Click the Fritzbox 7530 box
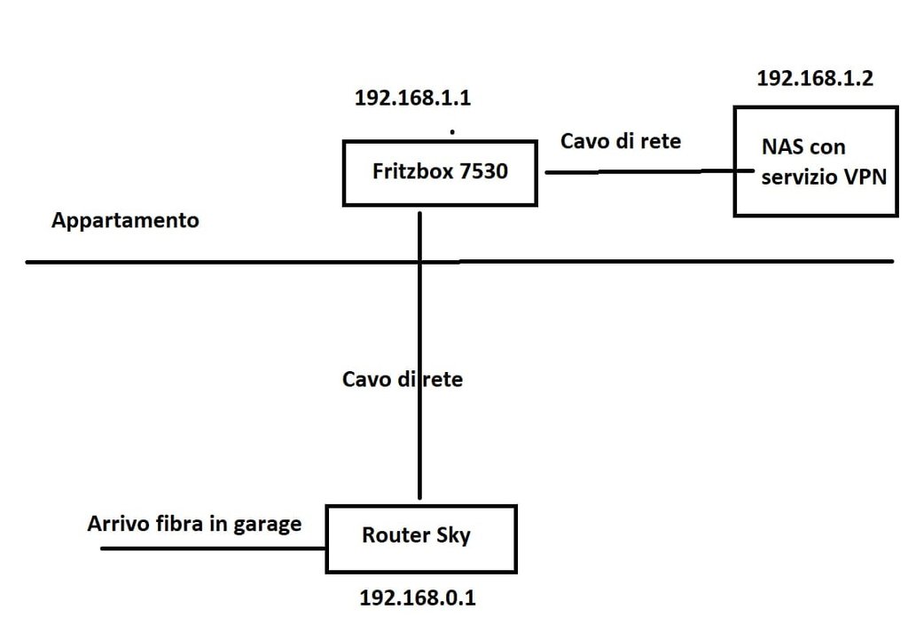point(440,172)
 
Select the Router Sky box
point(421,538)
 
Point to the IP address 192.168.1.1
point(412,98)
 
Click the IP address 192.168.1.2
point(815,78)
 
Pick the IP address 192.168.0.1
point(418,597)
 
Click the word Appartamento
point(125,221)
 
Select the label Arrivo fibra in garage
point(194,524)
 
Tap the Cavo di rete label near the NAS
point(621,140)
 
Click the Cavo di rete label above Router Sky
point(403,379)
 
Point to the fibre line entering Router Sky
point(213,548)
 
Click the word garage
point(267,524)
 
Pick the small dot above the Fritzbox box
point(452,132)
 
